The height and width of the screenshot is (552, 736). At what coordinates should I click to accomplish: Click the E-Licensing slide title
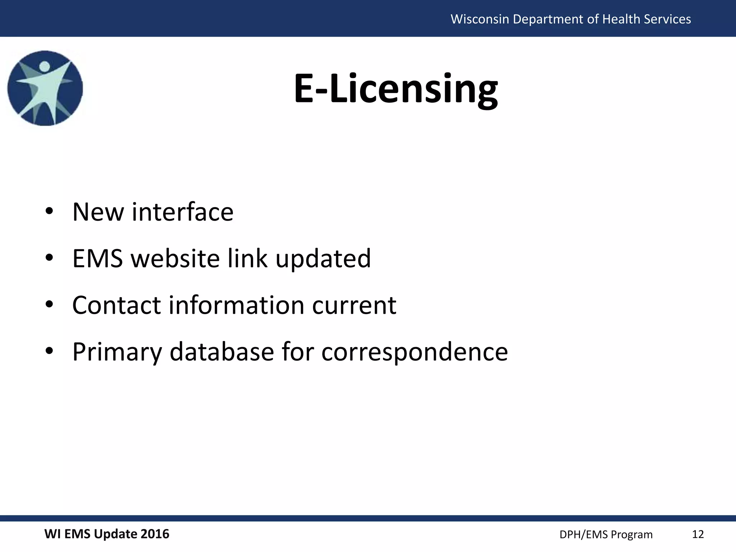coord(396,89)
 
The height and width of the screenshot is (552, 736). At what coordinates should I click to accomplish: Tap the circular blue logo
coord(45,88)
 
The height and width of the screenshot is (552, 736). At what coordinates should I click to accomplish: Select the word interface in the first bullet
coord(183,212)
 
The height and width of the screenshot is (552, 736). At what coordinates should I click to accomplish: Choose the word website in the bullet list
coord(175,258)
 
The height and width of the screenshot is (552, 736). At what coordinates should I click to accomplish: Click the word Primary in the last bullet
coord(117,352)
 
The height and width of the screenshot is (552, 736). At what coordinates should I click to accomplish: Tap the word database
coord(222,351)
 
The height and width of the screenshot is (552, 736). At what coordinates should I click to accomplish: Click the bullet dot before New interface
coord(50,211)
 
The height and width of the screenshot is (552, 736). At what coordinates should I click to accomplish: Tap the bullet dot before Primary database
coord(50,351)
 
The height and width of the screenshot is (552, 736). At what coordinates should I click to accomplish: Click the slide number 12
coord(698,534)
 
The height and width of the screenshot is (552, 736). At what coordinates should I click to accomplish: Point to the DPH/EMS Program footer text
coord(606,535)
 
